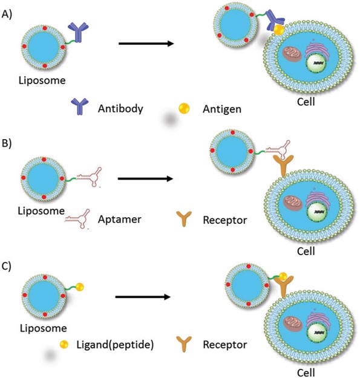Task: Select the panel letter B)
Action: pyautogui.click(x=10, y=145)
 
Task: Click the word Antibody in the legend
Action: pyautogui.click(x=120, y=109)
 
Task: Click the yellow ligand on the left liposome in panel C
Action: pyautogui.click(x=79, y=286)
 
